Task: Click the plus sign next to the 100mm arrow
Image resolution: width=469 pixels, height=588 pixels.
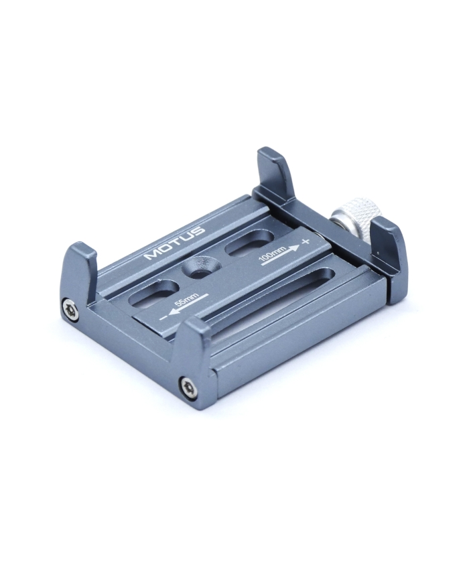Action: [306, 241]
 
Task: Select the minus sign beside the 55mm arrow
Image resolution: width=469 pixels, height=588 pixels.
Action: [163, 318]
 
